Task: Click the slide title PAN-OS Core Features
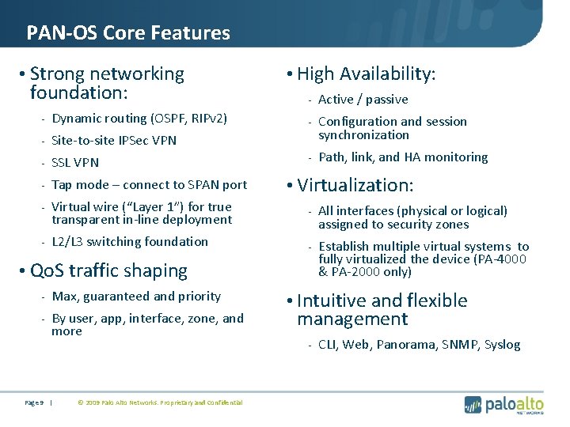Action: coord(128,33)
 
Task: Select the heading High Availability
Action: coord(367,74)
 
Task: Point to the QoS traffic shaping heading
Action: coord(108,270)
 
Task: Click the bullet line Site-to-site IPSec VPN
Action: coord(114,141)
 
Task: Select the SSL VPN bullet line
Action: coord(75,163)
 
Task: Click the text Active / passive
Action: coord(363,100)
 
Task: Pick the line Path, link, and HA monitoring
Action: coord(403,157)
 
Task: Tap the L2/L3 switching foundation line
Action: coord(130,242)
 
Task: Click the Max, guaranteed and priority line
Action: coord(136,297)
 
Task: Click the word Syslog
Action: coord(503,345)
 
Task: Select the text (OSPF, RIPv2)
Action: coord(189,119)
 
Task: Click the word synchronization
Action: coord(364,135)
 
